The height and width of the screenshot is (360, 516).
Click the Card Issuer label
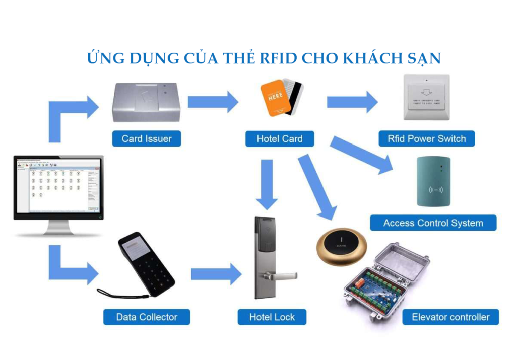tap(147, 138)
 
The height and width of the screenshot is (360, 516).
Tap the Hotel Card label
tap(280, 138)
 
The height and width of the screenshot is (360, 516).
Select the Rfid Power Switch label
tap(427, 138)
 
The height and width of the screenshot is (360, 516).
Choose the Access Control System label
tap(433, 223)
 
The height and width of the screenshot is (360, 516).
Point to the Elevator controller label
tap(450, 317)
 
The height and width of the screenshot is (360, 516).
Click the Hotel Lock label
tap(272, 317)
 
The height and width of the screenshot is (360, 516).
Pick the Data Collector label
tap(147, 317)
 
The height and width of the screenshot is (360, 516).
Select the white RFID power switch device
tap(427, 97)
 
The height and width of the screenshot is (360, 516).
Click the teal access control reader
tap(434, 181)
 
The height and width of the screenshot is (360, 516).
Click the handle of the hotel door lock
tap(282, 275)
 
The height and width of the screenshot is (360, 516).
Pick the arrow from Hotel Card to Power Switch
tap(352, 102)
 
